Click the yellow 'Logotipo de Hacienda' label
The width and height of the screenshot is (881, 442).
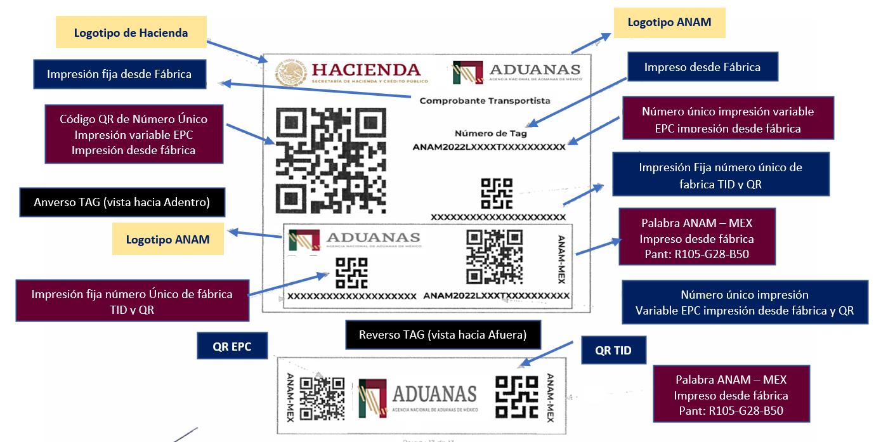pos(131,32)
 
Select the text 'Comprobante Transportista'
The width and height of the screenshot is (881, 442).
pos(485,100)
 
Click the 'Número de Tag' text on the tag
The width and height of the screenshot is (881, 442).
pos(490,133)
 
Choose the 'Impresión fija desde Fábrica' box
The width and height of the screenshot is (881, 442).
pos(119,74)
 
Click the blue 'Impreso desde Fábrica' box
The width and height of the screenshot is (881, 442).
pos(702,67)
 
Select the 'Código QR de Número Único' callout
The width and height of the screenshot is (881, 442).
pos(133,134)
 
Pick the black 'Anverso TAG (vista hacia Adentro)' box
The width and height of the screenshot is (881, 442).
pos(122,203)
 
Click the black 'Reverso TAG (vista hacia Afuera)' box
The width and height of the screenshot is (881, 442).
pos(443,335)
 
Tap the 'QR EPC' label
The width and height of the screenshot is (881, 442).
pos(232,347)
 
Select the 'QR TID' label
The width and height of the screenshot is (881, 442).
pos(613,351)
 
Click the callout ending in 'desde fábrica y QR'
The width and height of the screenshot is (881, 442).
pos(745,302)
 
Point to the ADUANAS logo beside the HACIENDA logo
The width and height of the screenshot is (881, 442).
pos(516,72)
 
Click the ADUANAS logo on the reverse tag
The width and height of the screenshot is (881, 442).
pos(417,398)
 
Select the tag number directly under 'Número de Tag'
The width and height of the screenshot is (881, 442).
pos(488,147)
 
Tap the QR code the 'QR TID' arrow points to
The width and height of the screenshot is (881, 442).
pos(516,396)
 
